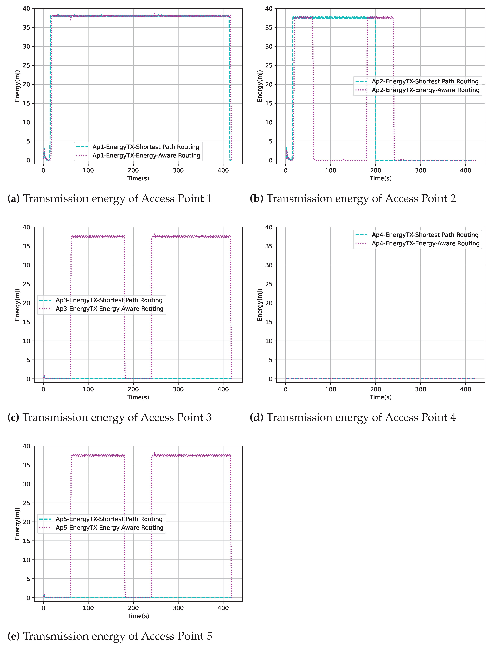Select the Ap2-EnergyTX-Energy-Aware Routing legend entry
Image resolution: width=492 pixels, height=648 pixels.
click(425, 90)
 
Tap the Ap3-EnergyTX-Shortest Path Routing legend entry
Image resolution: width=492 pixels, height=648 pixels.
click(109, 300)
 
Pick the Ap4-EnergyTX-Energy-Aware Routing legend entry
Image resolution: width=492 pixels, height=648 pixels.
click(425, 243)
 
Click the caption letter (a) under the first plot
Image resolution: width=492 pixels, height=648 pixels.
click(14, 199)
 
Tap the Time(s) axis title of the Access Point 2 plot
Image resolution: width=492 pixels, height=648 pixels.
click(380, 178)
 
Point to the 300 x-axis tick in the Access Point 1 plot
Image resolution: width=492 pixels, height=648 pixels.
click(178, 170)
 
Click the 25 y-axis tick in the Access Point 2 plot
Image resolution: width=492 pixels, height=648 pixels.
click(269, 65)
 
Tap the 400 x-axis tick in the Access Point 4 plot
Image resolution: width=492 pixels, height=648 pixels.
click(465, 389)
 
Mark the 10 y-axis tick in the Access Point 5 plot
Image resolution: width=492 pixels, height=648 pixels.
click(26, 560)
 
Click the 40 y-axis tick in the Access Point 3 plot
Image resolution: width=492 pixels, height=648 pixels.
click(26, 227)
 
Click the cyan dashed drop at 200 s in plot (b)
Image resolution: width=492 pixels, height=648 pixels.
click(375, 88)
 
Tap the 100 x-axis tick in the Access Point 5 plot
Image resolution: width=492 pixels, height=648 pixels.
click(88, 608)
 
